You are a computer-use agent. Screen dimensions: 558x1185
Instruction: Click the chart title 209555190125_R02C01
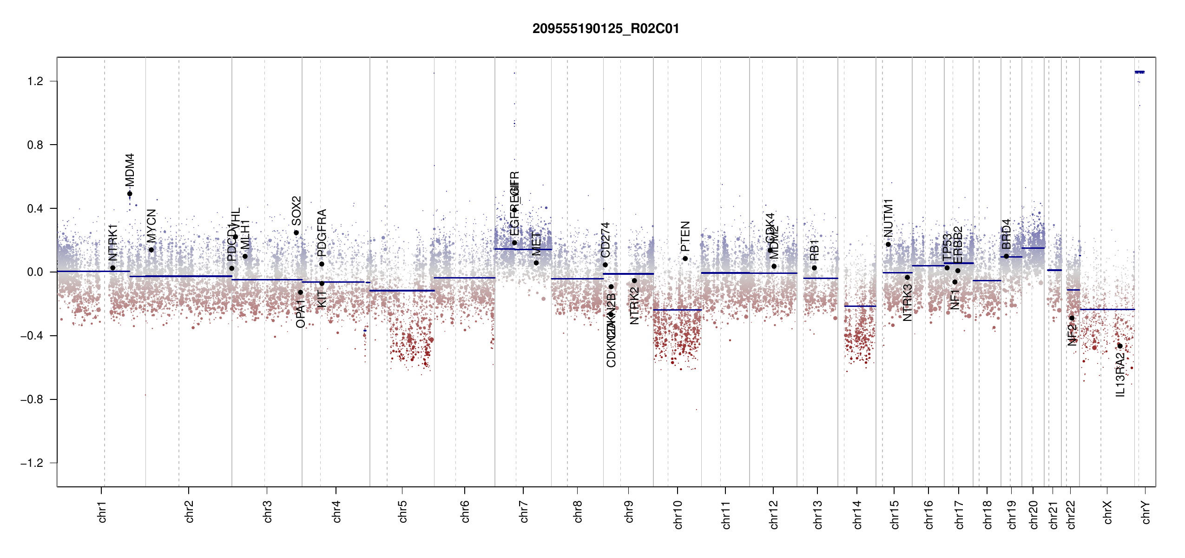coord(606,29)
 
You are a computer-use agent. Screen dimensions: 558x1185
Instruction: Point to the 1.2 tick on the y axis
coord(35,81)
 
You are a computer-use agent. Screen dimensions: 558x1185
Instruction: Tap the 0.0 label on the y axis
coord(35,272)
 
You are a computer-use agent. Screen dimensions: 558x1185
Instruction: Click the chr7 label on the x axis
coord(524,511)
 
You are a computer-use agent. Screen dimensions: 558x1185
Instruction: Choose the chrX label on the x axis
coord(1107,512)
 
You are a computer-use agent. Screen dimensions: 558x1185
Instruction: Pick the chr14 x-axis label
coord(857,514)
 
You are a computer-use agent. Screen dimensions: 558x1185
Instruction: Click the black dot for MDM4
coord(130,194)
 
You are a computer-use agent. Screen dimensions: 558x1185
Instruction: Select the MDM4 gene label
coord(130,170)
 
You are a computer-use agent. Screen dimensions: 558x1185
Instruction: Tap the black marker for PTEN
coord(685,259)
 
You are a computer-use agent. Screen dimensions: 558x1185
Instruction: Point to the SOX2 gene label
coord(296,211)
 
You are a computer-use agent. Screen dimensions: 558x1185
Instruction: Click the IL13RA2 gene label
coord(1120,375)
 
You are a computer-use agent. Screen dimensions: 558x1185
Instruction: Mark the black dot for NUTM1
coord(888,245)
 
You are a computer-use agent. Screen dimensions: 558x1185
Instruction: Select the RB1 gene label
coord(814,250)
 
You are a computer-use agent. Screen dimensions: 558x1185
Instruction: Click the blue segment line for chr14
coord(860,306)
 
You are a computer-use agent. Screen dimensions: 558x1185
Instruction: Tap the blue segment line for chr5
coord(402,291)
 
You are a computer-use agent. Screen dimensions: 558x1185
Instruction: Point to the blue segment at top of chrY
coord(1139,72)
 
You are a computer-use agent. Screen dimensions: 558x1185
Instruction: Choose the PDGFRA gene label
coord(322,232)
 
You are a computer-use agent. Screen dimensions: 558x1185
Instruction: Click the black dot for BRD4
coord(1006,256)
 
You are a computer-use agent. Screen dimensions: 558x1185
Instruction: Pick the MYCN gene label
coord(151,226)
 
